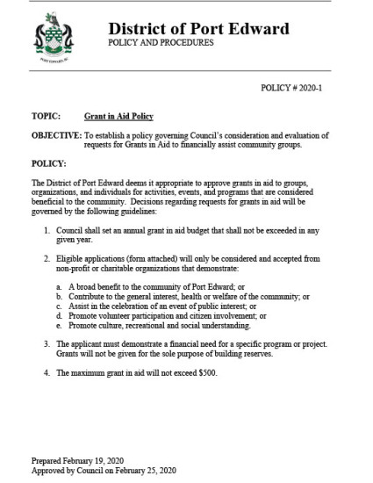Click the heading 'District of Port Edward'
click(197, 29)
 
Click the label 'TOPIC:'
click(46, 116)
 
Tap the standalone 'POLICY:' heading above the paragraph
click(49, 163)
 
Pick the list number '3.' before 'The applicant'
click(47, 342)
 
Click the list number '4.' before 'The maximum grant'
click(47, 373)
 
